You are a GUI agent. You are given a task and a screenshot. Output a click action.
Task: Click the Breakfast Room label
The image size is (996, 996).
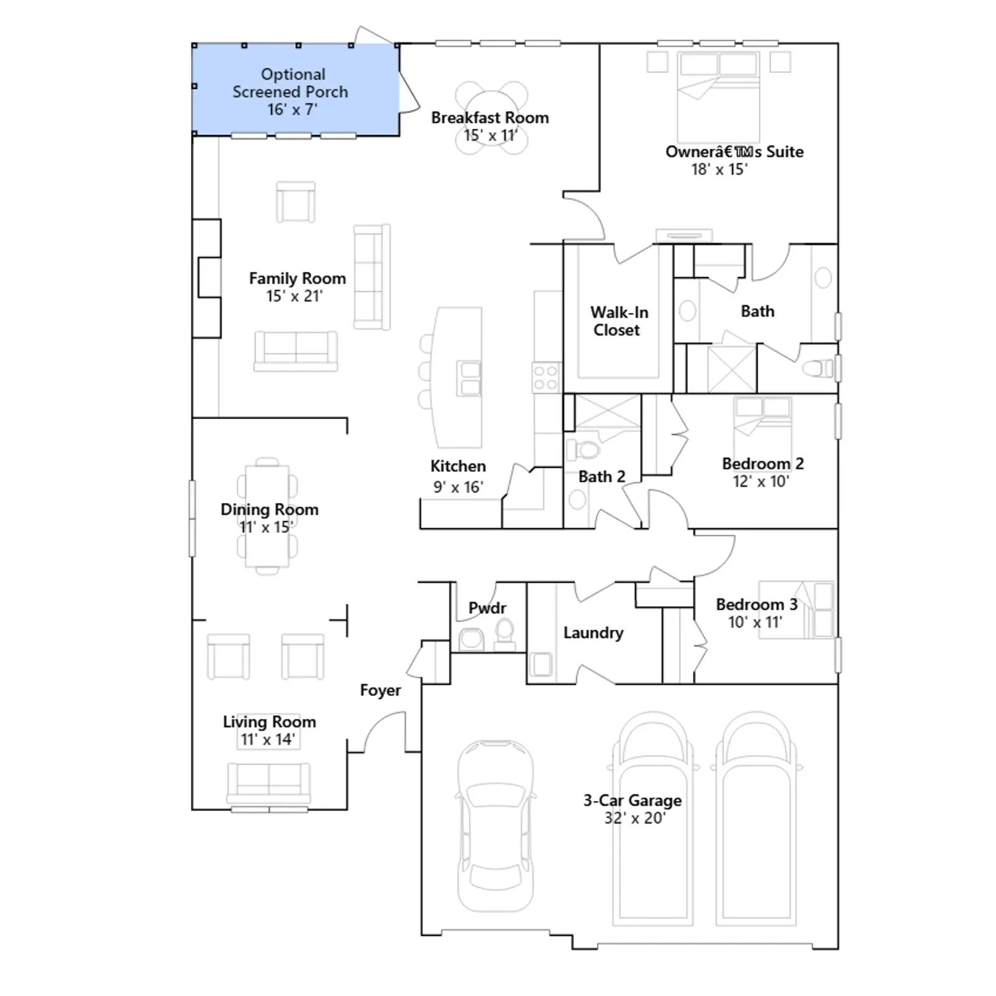[490, 118]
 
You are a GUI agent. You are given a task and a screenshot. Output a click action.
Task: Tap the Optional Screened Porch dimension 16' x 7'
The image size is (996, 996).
[293, 110]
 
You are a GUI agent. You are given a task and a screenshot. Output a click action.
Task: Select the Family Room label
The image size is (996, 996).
[297, 278]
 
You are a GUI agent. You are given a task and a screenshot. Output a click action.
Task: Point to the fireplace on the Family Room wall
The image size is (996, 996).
[207, 278]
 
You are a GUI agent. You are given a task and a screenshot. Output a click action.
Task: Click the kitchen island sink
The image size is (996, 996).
[469, 378]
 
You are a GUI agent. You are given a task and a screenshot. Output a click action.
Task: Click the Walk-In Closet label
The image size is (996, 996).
[619, 321]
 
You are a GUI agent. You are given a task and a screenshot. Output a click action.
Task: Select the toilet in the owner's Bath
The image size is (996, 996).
[818, 369]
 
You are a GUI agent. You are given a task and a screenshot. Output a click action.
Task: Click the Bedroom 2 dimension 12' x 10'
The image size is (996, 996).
[761, 481]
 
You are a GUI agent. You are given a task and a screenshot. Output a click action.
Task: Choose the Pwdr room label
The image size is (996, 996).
[487, 608]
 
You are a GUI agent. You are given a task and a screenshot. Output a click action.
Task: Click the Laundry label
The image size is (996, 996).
[593, 633]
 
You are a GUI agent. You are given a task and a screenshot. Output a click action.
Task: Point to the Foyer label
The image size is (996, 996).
[380, 690]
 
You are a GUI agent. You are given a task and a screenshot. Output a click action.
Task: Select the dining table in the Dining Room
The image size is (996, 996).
[268, 516]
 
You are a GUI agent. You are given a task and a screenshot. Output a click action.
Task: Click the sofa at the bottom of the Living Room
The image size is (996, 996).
[268, 783]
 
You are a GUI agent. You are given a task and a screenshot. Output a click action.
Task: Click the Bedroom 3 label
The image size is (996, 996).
[756, 604]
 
